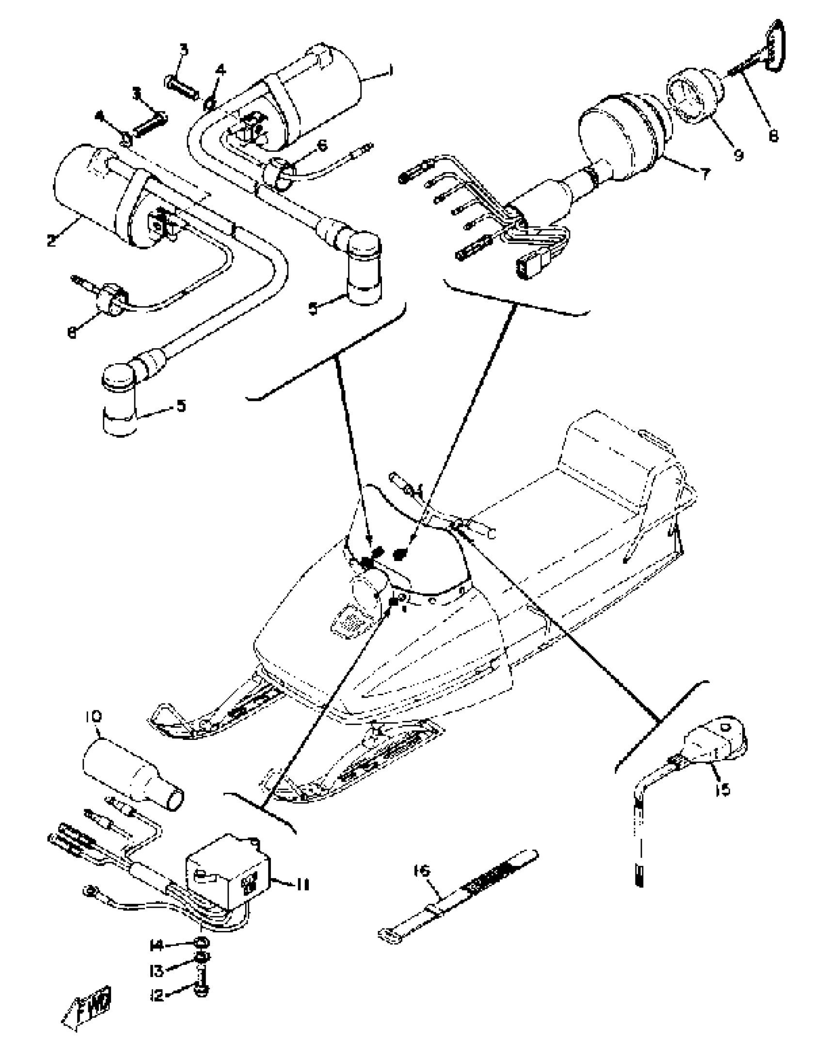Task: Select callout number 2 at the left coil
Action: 51,240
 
